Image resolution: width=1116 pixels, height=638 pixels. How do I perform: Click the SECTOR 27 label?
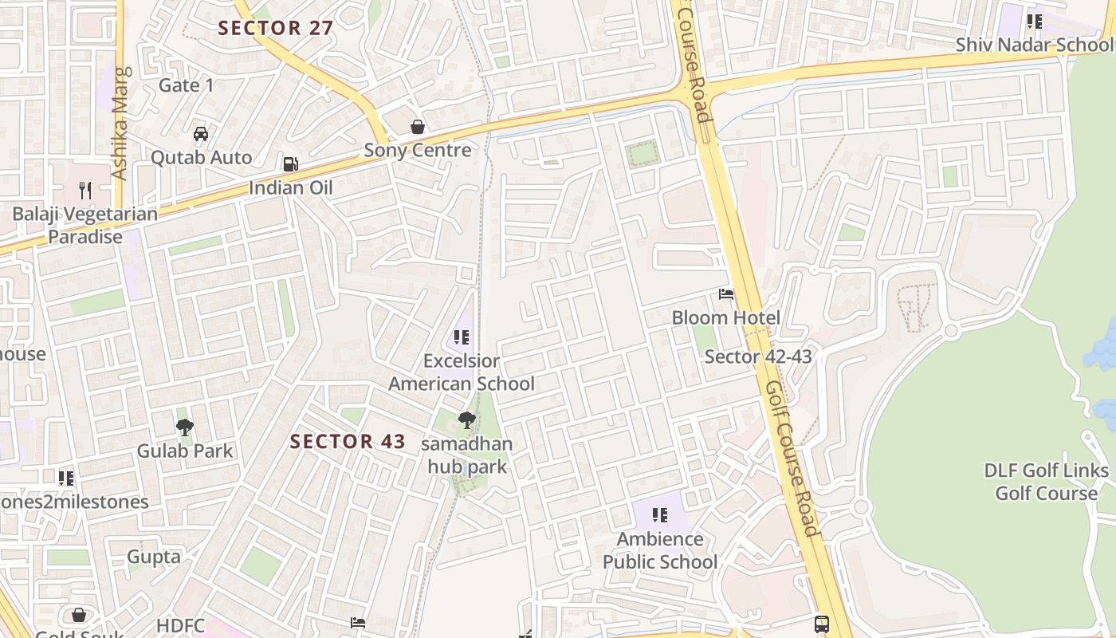pyautogui.click(x=276, y=28)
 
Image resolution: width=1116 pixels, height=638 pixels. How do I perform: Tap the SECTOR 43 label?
pyautogui.click(x=348, y=441)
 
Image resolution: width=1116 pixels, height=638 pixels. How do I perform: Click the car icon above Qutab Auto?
pyautogui.click(x=201, y=133)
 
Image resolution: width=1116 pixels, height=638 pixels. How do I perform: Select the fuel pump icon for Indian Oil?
pyautogui.click(x=291, y=164)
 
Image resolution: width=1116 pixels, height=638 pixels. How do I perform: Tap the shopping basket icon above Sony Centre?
pyautogui.click(x=417, y=127)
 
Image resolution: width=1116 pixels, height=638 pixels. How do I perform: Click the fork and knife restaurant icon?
pyautogui.click(x=85, y=190)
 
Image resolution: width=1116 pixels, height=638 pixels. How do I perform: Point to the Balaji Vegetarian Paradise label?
pyautogui.click(x=84, y=225)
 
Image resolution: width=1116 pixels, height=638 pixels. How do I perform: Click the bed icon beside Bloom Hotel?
pyautogui.click(x=725, y=294)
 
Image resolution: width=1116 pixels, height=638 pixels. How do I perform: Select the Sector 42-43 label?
pyautogui.click(x=758, y=356)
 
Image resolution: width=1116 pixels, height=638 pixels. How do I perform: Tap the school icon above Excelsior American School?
pyautogui.click(x=461, y=337)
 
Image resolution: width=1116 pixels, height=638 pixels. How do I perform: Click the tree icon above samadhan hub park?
pyautogui.click(x=467, y=419)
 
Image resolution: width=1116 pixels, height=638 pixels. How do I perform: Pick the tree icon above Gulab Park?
pyautogui.click(x=185, y=427)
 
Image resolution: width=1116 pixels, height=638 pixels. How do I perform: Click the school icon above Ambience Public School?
pyautogui.click(x=659, y=515)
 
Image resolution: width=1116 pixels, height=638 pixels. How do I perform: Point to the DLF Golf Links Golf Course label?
pyautogui.click(x=1046, y=482)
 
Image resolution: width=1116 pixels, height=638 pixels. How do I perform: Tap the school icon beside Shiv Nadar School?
pyautogui.click(x=1035, y=22)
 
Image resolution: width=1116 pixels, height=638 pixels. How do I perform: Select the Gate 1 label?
pyautogui.click(x=187, y=85)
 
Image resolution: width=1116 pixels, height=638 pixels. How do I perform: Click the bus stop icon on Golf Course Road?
pyautogui.click(x=822, y=624)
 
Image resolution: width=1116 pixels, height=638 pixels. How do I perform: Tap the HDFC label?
pyautogui.click(x=181, y=625)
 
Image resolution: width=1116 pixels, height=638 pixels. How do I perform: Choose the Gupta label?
pyautogui.click(x=154, y=557)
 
